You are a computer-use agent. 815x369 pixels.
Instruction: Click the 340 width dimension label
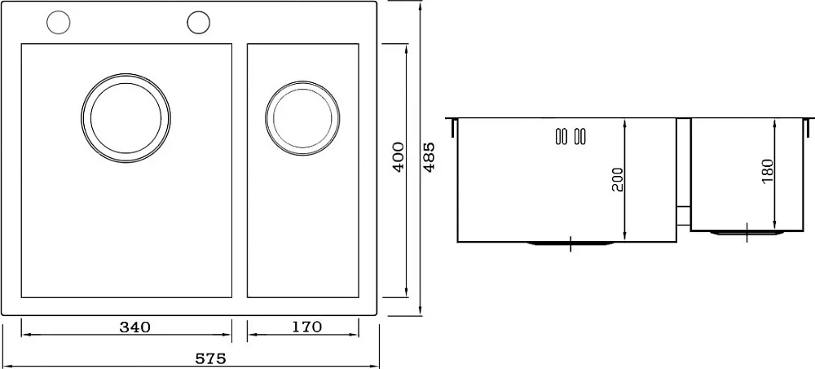click(x=134, y=327)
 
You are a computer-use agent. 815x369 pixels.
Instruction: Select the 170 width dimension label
click(x=306, y=327)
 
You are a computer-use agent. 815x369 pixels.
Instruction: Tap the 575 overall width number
click(x=210, y=358)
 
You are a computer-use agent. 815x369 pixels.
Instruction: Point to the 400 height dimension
click(x=399, y=157)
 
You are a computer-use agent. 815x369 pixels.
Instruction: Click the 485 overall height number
click(x=430, y=157)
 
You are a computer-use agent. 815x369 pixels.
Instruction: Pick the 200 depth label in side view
click(x=617, y=179)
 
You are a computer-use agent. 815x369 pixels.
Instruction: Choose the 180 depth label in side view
click(x=768, y=171)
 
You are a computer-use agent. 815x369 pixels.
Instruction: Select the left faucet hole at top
click(x=58, y=23)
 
